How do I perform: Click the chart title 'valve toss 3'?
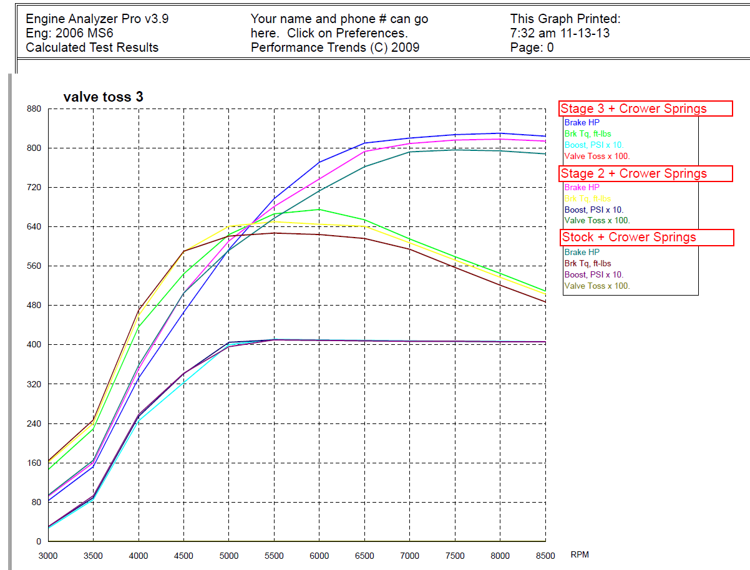coord(103,97)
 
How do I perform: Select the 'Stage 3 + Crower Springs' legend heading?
coord(633,109)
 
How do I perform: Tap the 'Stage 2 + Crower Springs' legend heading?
coord(633,173)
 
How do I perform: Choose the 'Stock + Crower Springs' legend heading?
coord(628,237)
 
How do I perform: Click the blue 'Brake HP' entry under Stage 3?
coord(582,123)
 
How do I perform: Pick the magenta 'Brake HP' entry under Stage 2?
coord(582,187)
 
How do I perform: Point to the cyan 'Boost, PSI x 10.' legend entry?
coord(593,145)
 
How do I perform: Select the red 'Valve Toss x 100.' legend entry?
coord(597,157)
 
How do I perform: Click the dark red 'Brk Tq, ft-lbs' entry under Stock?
coord(587,264)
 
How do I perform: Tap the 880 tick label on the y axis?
coord(32,109)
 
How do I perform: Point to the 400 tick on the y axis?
coord(32,345)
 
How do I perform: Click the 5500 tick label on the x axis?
coord(275,556)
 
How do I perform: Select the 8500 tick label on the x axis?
coord(545,556)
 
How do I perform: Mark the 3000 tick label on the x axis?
coord(48,556)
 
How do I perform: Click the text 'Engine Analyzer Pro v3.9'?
coord(97,19)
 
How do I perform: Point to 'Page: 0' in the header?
coord(532,47)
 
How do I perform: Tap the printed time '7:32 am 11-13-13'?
coord(560,33)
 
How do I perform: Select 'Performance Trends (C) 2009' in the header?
coord(335,47)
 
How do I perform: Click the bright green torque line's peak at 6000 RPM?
coord(319,210)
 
